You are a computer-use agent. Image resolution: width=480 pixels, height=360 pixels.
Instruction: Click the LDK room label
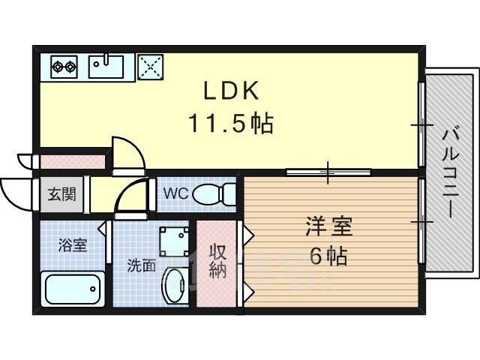click(x=232, y=90)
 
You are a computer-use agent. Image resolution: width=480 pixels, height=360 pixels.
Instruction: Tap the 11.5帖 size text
click(x=232, y=123)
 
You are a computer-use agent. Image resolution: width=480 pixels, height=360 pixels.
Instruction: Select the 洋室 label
click(x=328, y=226)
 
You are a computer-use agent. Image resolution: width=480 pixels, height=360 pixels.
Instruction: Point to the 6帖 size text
click(x=328, y=256)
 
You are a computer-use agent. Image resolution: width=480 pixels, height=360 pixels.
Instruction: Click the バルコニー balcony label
click(x=450, y=174)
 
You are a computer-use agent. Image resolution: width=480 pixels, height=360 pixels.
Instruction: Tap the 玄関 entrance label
click(x=61, y=194)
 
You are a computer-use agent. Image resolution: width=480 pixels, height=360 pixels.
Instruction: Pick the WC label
click(x=175, y=193)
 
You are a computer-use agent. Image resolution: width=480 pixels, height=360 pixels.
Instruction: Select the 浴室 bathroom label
click(x=73, y=245)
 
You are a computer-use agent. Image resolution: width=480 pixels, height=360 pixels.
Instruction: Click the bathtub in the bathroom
click(x=73, y=288)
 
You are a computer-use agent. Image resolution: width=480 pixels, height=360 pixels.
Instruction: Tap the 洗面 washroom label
click(x=142, y=265)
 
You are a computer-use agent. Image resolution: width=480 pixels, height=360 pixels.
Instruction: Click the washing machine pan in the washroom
click(x=175, y=241)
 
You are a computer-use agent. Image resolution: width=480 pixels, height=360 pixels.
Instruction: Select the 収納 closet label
click(x=217, y=262)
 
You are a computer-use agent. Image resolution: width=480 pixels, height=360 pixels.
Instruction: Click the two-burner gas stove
click(x=64, y=66)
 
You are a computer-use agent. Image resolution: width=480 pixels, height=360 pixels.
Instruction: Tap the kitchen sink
click(x=106, y=66)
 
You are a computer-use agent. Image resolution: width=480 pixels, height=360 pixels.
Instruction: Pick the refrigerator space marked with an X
click(x=150, y=67)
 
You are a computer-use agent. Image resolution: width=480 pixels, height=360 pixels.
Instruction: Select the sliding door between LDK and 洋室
click(x=328, y=172)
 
